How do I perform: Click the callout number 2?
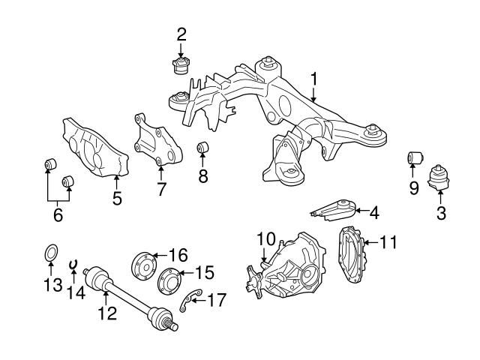tap(181, 34)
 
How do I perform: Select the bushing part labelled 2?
tap(181, 66)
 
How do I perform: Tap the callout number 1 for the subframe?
tap(314, 79)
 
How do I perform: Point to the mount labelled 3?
tap(439, 178)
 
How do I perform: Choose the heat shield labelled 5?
tap(95, 148)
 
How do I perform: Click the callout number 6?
tap(58, 214)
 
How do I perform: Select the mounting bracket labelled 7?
tap(157, 139)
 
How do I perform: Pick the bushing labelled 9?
tap(415, 158)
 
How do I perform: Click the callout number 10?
tap(266, 238)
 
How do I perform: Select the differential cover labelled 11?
tap(351, 255)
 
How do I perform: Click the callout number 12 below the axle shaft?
tap(107, 313)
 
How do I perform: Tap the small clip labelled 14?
tap(73, 264)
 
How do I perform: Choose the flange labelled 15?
tap(169, 281)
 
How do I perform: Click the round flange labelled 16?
tap(144, 265)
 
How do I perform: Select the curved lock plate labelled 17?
tap(190, 300)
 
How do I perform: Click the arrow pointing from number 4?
tap(362, 211)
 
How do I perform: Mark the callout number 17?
tap(217, 300)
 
